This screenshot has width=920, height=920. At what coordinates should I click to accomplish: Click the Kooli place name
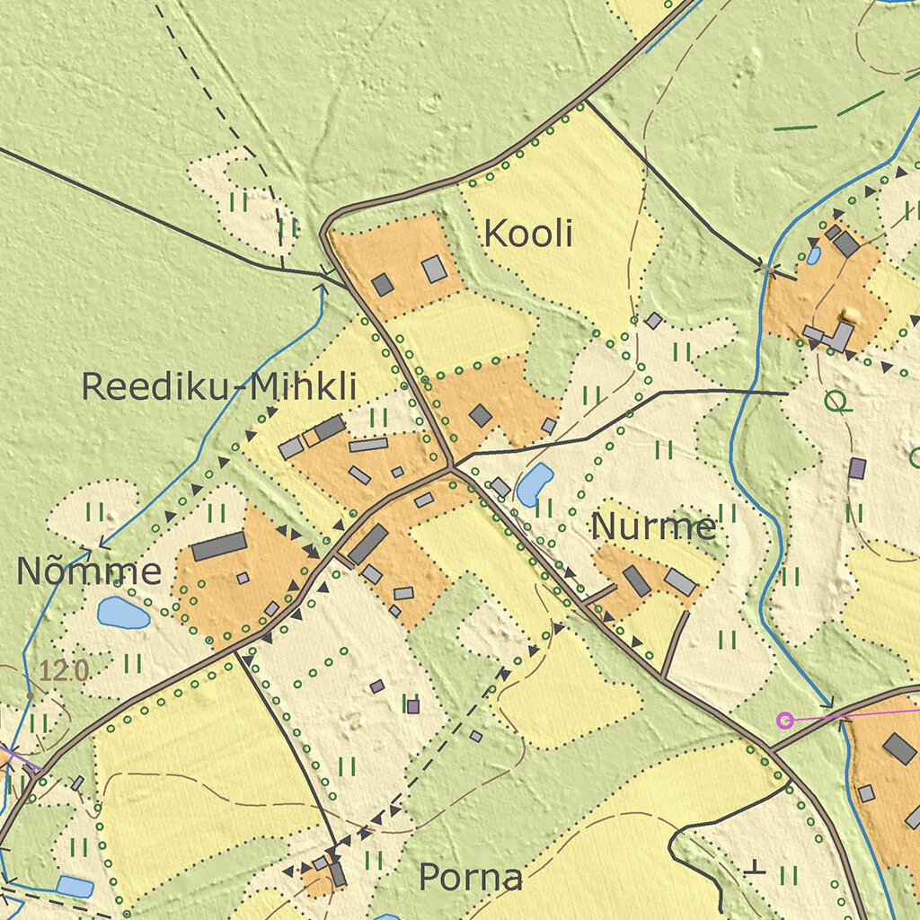coord(527,234)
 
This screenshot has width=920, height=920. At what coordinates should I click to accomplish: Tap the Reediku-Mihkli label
coord(219,387)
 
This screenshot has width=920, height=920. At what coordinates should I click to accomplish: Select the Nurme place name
coord(653,527)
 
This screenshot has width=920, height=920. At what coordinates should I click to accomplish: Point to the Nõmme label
coord(89,571)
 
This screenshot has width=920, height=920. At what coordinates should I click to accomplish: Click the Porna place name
coord(471,877)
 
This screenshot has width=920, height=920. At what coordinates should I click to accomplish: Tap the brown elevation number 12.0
coord(65,670)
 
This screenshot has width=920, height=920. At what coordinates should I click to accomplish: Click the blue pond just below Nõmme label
coord(123,613)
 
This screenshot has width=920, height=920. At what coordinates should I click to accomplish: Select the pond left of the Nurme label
coord(535,484)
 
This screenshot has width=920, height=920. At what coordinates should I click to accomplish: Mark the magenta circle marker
coord(785,720)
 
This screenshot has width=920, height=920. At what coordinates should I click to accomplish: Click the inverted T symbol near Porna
coord(756,867)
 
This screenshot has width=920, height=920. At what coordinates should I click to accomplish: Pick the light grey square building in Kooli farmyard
coord(435,269)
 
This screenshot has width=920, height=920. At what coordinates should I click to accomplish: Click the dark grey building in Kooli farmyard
coord(383,285)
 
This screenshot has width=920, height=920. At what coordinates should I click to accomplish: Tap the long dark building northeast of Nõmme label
coord(218,545)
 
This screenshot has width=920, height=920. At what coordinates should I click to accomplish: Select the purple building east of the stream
coord(857,468)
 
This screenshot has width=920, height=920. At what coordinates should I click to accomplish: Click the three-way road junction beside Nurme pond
coord(451,467)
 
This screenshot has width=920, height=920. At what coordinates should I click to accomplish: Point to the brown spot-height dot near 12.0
coord(30,695)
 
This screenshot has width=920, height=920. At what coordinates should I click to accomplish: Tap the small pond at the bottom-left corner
coord(75,887)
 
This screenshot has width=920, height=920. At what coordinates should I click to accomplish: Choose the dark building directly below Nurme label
coord(637,581)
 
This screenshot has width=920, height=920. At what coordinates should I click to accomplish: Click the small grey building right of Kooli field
coord(654,321)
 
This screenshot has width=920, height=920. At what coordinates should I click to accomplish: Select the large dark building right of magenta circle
coord(899,748)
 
